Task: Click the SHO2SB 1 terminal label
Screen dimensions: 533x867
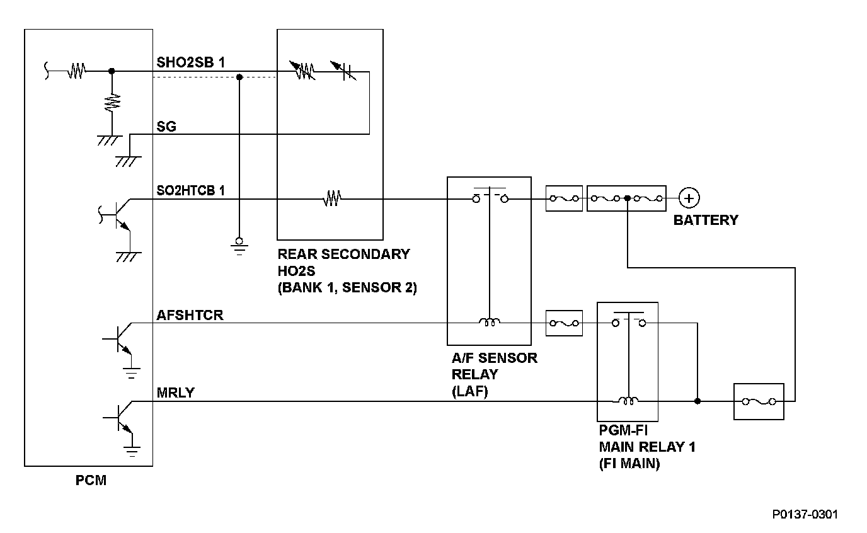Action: click(190, 62)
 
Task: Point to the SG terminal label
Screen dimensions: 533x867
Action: click(166, 126)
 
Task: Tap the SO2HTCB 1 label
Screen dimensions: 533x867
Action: click(190, 190)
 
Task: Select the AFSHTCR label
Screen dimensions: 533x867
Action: click(190, 315)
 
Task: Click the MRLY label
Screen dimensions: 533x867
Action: click(176, 393)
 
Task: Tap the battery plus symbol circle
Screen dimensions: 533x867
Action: click(689, 198)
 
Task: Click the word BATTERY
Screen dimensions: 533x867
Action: click(705, 220)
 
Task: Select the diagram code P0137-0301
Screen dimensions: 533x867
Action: click(805, 514)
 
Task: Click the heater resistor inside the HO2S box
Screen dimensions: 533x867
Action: click(331, 200)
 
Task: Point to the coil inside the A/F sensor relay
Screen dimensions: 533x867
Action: click(490, 323)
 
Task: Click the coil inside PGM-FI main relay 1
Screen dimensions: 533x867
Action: click(628, 400)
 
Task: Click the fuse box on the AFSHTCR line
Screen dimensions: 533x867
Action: click(563, 323)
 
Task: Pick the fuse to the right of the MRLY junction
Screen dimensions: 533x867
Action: click(759, 401)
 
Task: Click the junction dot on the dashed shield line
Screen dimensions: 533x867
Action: click(239, 77)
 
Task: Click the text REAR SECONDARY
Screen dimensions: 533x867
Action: click(343, 255)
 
